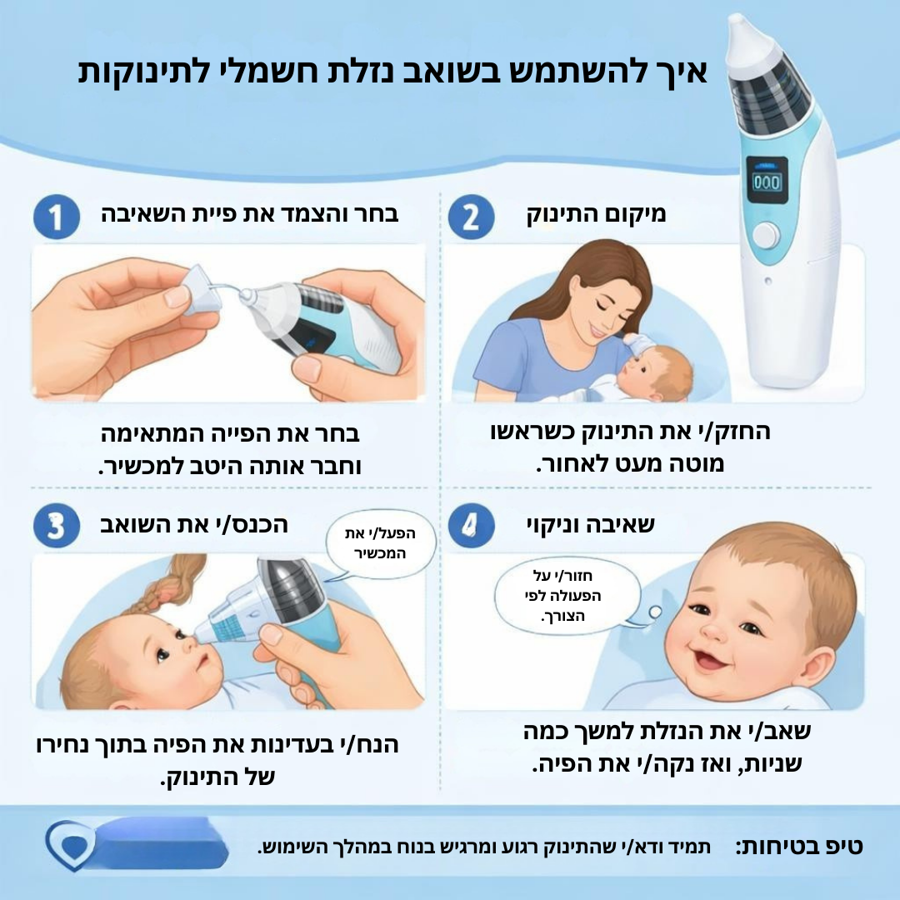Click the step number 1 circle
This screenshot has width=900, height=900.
[57, 217]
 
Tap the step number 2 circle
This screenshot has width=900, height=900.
[471, 217]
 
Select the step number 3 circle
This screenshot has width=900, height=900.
[57, 526]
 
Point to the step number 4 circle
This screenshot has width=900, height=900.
[471, 526]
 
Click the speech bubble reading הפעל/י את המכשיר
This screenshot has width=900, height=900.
[379, 543]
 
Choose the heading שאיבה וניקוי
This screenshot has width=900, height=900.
[591, 525]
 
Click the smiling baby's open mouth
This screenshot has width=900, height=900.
[710, 660]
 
